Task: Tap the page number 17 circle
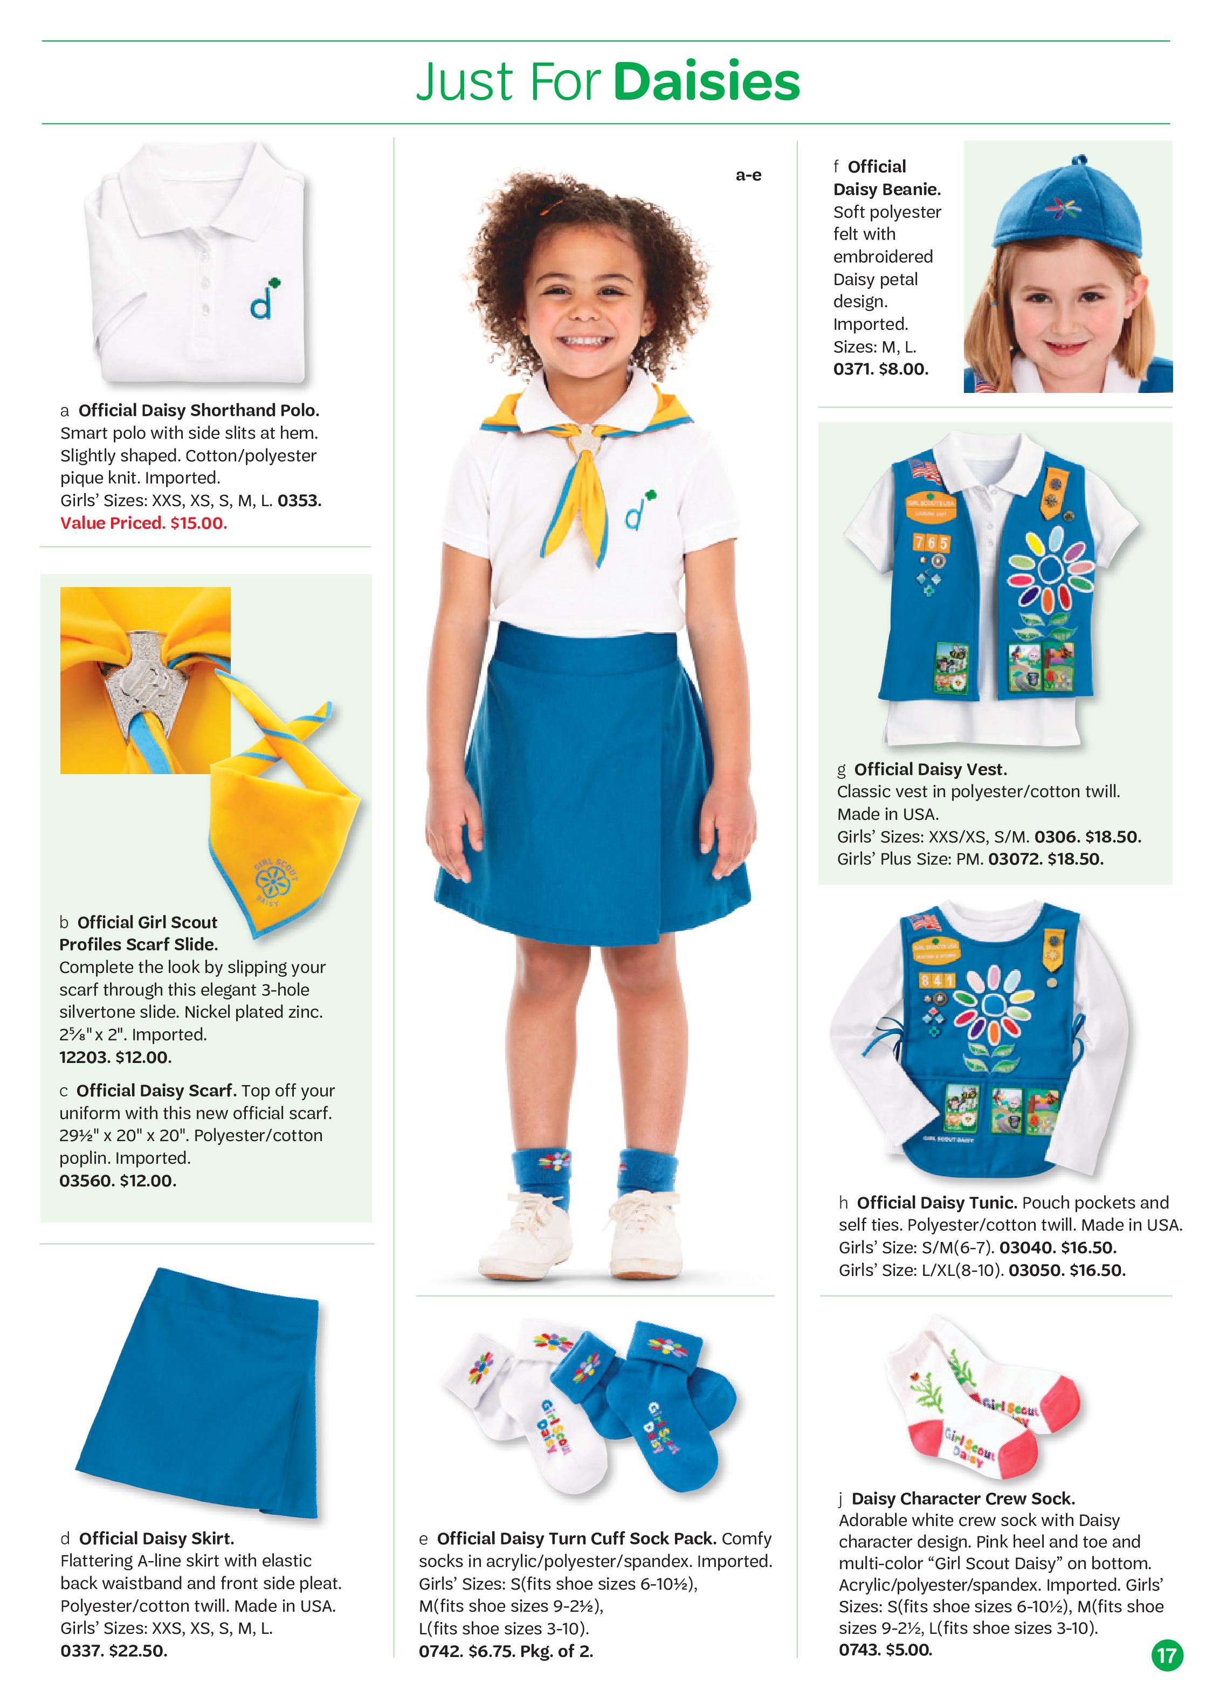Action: point(1166,1655)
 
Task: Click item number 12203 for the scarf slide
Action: point(85,1057)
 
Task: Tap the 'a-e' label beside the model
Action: point(748,176)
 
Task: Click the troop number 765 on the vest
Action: point(932,543)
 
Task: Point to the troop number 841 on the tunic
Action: point(936,979)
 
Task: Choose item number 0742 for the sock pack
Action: point(439,1651)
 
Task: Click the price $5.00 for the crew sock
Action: point(909,1650)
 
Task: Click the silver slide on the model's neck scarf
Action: point(588,438)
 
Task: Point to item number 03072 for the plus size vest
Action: point(1014,859)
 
